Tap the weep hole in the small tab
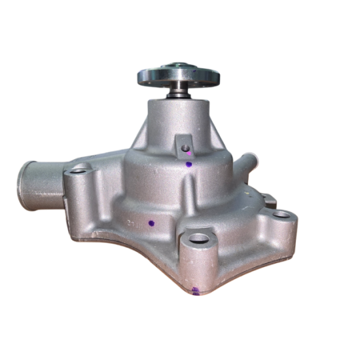click(x=185, y=147)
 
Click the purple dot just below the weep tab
click(x=189, y=164)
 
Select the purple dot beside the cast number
click(x=151, y=223)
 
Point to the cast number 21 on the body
click(x=135, y=221)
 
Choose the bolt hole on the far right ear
click(x=281, y=214)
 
